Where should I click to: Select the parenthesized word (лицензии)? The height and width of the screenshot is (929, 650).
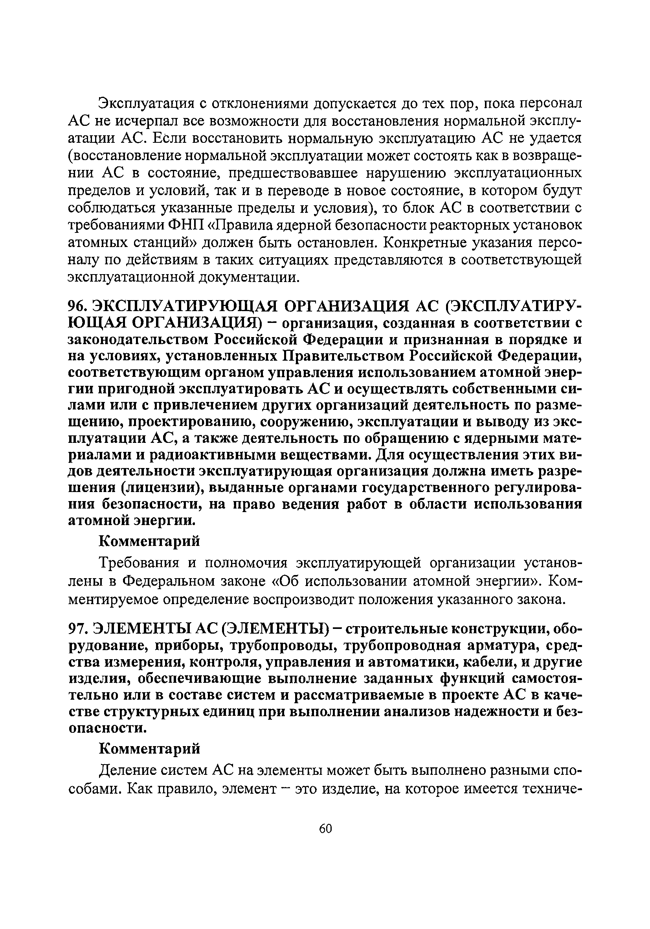(162, 489)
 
